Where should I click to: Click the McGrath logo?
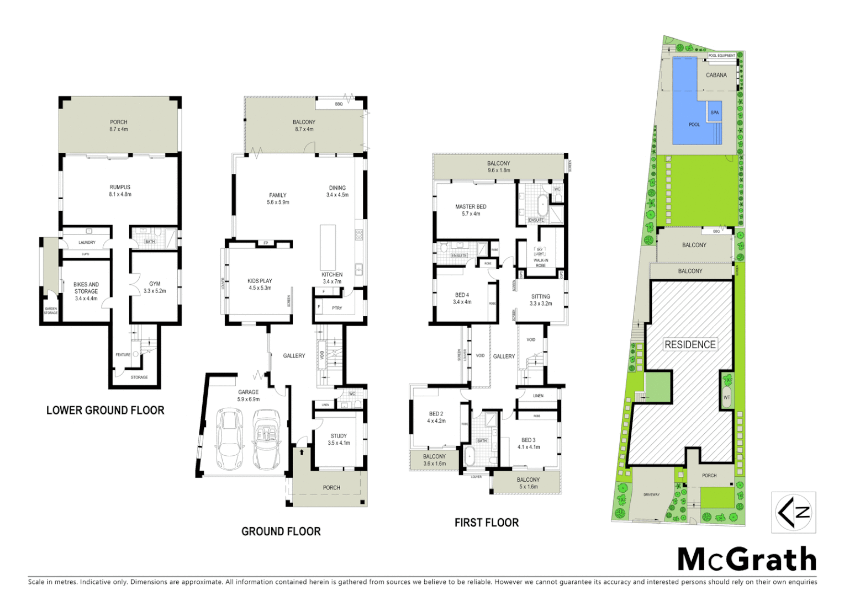[746, 560]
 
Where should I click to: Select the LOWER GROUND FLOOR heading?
[105, 410]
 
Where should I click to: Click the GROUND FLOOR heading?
[281, 531]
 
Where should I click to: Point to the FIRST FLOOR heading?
[486, 523]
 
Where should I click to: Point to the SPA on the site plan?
[714, 113]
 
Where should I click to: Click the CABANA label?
[716, 75]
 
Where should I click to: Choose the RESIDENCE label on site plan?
[690, 345]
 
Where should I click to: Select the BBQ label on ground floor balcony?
[339, 104]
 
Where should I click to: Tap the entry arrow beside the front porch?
[302, 452]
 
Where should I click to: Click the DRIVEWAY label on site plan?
[651, 494]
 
